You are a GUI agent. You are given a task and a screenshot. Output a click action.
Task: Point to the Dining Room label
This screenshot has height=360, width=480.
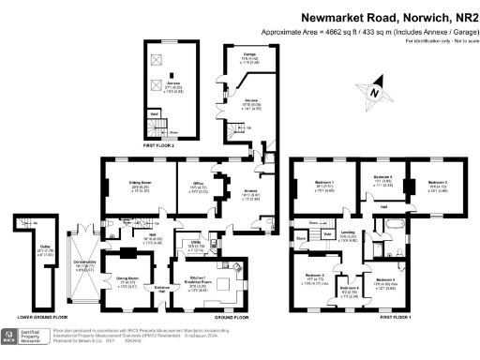click(x=120, y=280)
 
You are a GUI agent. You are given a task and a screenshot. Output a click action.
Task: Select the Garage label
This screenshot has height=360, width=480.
click(x=250, y=55)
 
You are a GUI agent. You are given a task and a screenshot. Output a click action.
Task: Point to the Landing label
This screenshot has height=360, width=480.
click(x=347, y=233)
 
